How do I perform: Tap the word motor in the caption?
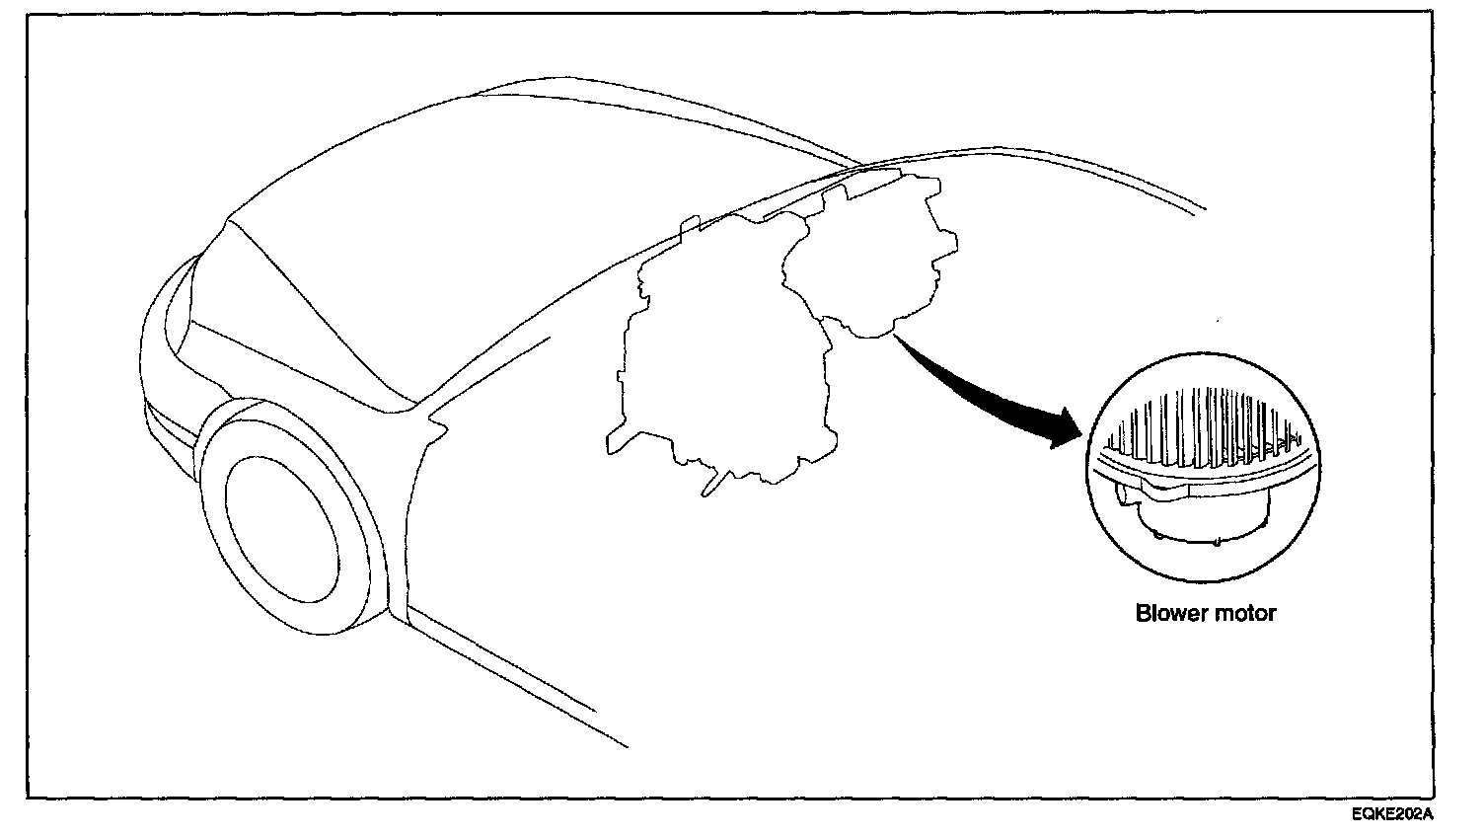click(1244, 613)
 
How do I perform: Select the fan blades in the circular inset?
click(1204, 429)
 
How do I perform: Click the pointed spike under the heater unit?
click(712, 484)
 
